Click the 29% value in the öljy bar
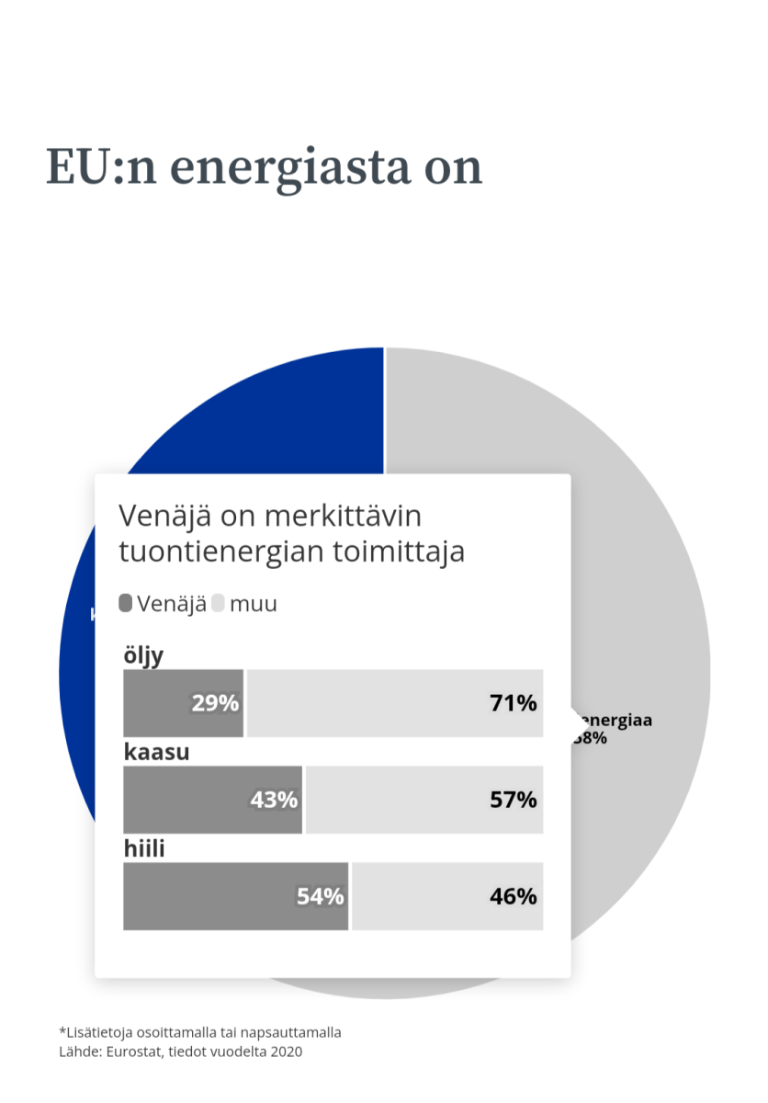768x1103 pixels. tap(215, 704)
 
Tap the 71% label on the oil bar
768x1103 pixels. tap(513, 704)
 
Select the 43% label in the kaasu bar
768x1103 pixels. tap(274, 800)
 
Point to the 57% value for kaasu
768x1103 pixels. tap(513, 800)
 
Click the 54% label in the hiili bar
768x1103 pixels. tap(320, 896)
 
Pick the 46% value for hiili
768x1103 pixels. tap(513, 896)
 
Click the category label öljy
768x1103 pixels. tap(143, 656)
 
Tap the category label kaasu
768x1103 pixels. tap(156, 752)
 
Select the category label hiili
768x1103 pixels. tap(144, 848)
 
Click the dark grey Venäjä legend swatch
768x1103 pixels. tap(126, 604)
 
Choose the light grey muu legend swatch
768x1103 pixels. tap(218, 604)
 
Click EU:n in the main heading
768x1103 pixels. tap(89, 167)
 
